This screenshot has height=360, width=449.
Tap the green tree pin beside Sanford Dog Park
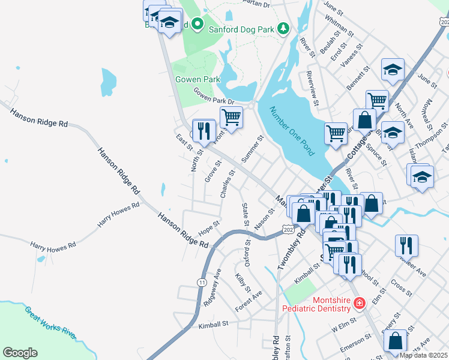pyautogui.click(x=283, y=28)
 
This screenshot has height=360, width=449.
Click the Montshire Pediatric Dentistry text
pyautogui.click(x=316, y=304)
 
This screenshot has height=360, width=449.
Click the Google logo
pyautogui.click(x=20, y=353)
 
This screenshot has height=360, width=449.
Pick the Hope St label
pyautogui.click(x=209, y=230)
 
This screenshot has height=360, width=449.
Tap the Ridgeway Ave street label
pyautogui.click(x=212, y=287)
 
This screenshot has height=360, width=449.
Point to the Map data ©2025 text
pyautogui.click(x=423, y=355)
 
